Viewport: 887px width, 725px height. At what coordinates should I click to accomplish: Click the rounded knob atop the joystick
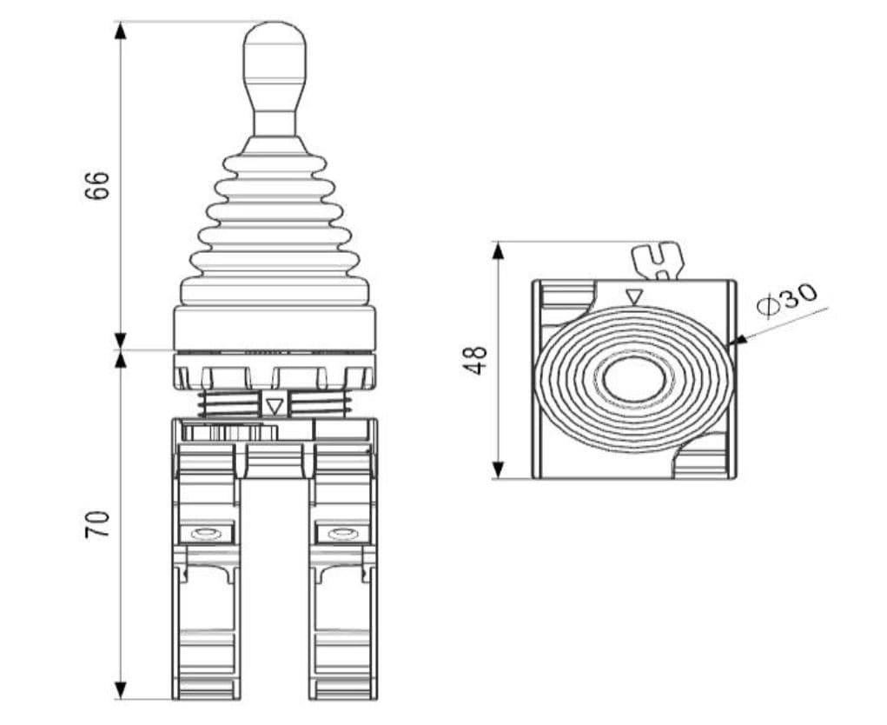coord(275,50)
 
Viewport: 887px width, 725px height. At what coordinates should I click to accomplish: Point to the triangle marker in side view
coord(275,405)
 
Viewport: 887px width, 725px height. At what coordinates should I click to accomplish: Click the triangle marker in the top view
coord(634,297)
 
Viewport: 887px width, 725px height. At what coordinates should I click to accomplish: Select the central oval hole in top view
coord(634,380)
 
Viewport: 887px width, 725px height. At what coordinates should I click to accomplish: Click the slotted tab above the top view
coord(658,260)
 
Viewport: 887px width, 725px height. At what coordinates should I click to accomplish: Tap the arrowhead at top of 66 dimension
coord(121,30)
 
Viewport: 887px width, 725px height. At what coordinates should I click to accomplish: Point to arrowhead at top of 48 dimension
coord(498,251)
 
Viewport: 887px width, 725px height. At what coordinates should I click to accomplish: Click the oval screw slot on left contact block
coord(206,533)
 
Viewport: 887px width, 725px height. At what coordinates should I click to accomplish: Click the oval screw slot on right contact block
coord(343,533)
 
